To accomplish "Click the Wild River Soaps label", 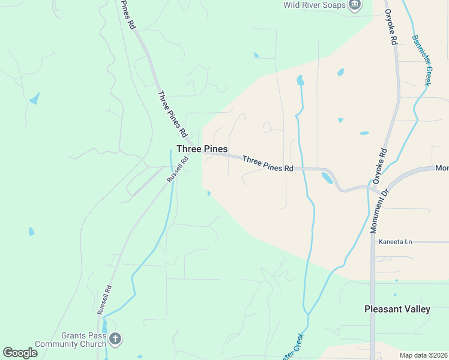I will [x=315, y=5].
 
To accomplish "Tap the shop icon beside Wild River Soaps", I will [x=355, y=5].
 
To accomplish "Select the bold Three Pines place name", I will [x=202, y=149].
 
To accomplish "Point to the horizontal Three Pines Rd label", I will [x=268, y=164].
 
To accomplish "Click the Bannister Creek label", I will [x=421, y=60].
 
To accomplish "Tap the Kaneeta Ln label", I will [x=395, y=242].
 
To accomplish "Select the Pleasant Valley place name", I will [x=397, y=309].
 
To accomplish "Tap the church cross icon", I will [x=116, y=340].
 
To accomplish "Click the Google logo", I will [x=20, y=353].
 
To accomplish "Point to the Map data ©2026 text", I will [x=423, y=355].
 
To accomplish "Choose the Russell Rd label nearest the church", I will [x=104, y=300].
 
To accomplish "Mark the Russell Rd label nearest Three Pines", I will [x=178, y=169].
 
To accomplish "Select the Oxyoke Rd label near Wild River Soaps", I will [x=391, y=28].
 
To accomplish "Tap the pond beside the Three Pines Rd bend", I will [x=327, y=178].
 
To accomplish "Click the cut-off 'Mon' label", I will [x=442, y=169].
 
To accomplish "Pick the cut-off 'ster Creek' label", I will [x=294, y=346].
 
